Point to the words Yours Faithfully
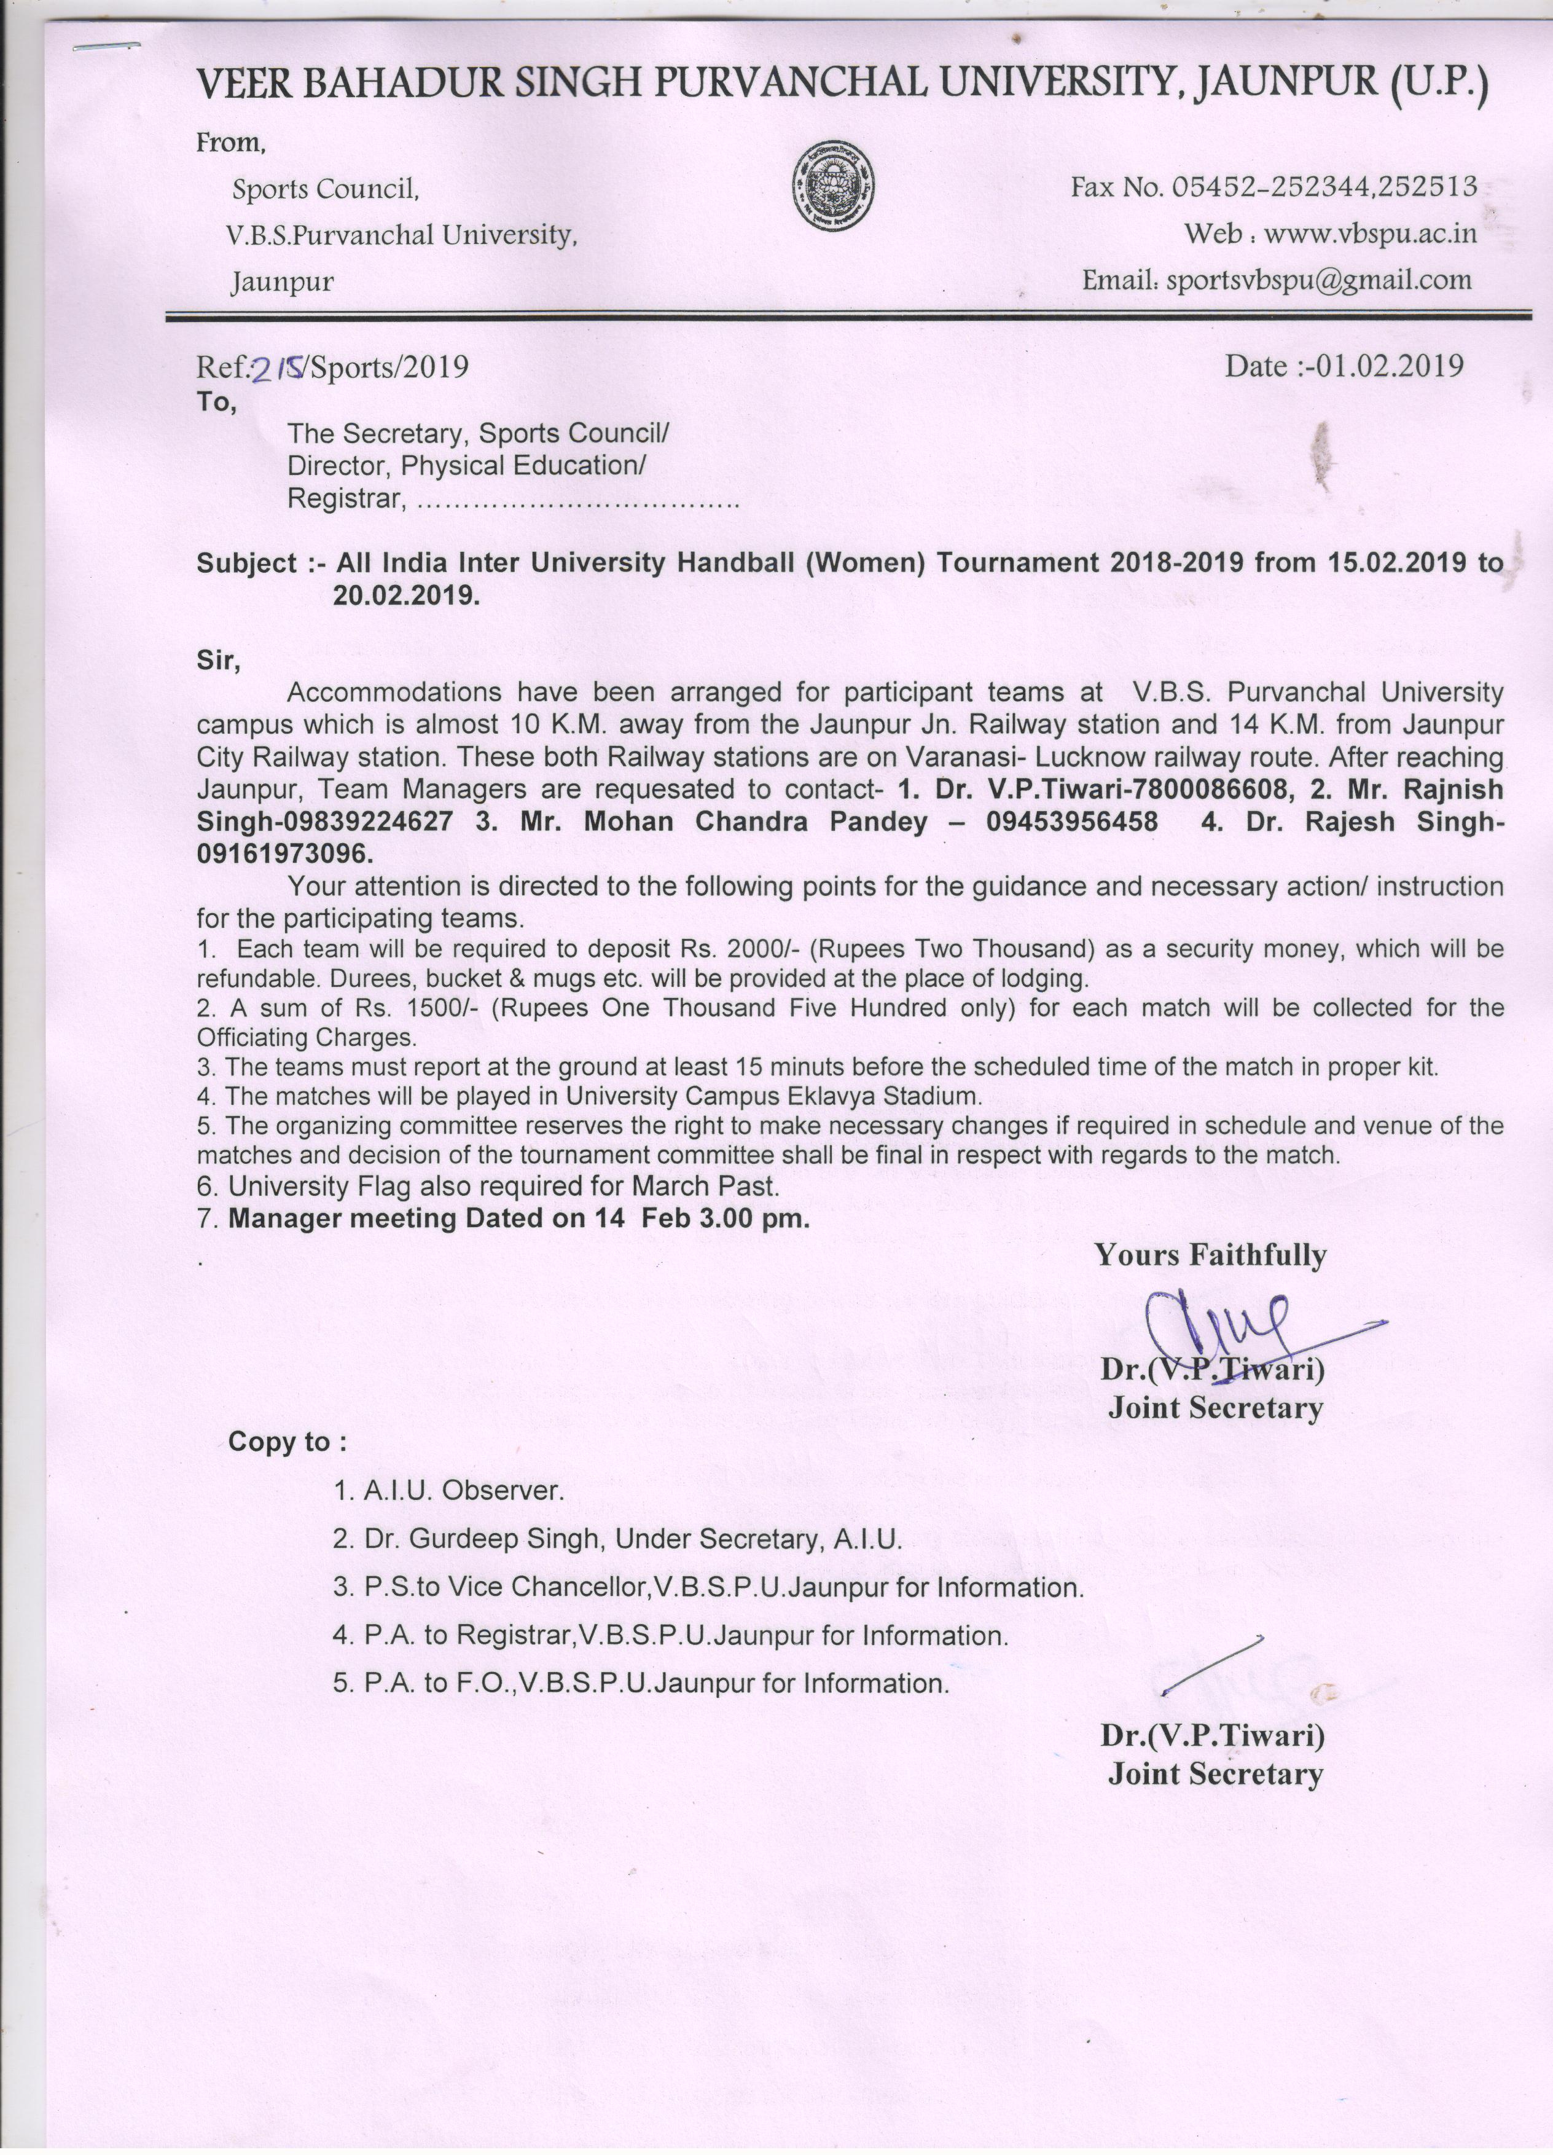pyautogui.click(x=1210, y=1255)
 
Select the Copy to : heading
pyautogui.click(x=288, y=1442)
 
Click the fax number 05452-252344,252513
pyautogui.click(x=1324, y=186)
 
